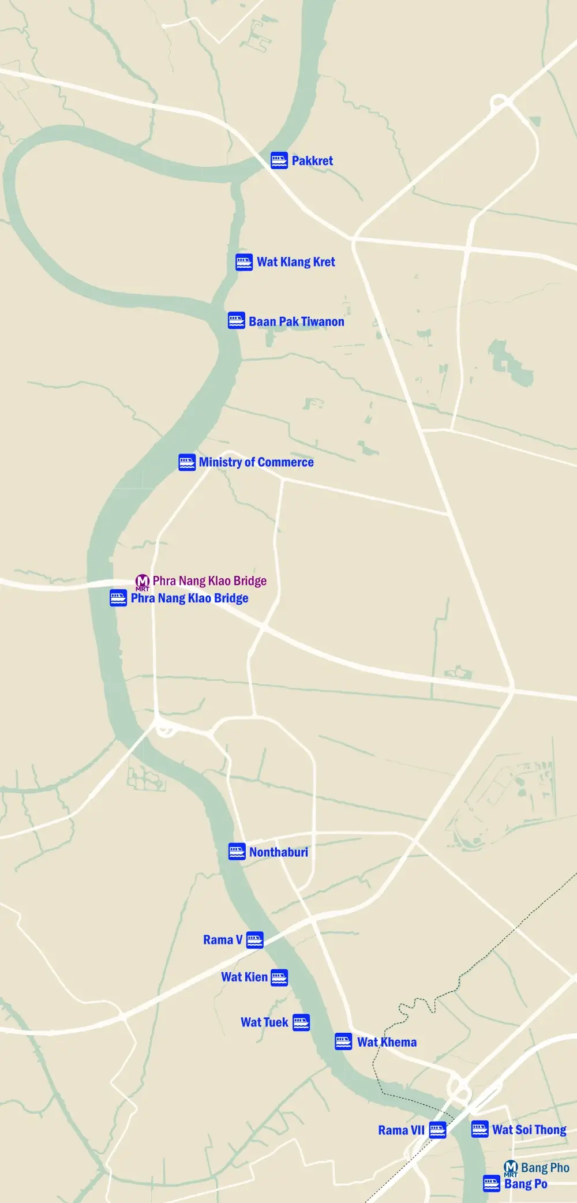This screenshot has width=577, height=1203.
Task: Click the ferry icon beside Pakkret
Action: pyautogui.click(x=279, y=160)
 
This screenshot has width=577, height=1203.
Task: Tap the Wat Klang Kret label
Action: pyautogui.click(x=296, y=262)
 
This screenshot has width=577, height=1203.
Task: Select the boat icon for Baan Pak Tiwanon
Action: pyautogui.click(x=237, y=321)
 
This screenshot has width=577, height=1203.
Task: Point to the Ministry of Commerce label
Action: pyautogui.click(x=256, y=462)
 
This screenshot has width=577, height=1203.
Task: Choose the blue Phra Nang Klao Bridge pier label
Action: pyautogui.click(x=189, y=598)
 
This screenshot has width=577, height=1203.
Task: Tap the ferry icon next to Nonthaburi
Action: pyautogui.click(x=237, y=852)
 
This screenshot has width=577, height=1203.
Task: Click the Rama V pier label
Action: pyautogui.click(x=223, y=940)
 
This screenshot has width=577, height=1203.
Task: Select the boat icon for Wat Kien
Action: pyautogui.click(x=279, y=977)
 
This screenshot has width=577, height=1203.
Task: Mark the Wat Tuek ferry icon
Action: pyautogui.click(x=301, y=1022)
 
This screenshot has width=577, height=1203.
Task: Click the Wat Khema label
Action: pyautogui.click(x=387, y=1042)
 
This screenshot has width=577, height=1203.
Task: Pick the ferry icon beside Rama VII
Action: pyautogui.click(x=437, y=1130)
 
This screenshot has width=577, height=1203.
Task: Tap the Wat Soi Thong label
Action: pyautogui.click(x=529, y=1130)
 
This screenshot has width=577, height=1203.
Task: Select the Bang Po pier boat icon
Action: pyautogui.click(x=492, y=1184)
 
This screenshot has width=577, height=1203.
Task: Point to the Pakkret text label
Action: pyautogui.click(x=312, y=161)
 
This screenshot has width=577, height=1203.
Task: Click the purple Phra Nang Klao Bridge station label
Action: pyautogui.click(x=209, y=581)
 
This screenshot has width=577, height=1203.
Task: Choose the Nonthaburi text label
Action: pyautogui.click(x=279, y=852)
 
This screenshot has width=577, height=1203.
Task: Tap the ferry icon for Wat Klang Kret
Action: pyautogui.click(x=244, y=262)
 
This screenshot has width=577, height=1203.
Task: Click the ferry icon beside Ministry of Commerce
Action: pyautogui.click(x=187, y=462)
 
